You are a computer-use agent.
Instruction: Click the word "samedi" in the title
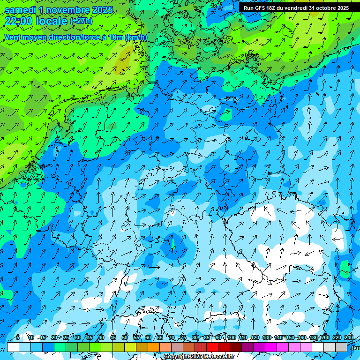(x=20, y=10)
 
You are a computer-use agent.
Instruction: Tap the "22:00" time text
(x=18, y=21)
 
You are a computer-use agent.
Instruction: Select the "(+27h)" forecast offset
(x=81, y=21)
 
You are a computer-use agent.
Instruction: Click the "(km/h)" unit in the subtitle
(x=136, y=37)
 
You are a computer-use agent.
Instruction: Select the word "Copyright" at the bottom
(x=175, y=357)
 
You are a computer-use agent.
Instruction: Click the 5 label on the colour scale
(x=18, y=337)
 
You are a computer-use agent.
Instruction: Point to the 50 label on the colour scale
(x=125, y=337)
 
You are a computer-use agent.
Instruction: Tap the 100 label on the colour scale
(x=231, y=337)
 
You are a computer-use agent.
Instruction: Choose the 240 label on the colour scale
(x=349, y=337)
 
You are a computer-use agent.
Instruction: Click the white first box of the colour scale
(x=13, y=347)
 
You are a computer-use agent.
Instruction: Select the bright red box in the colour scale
(x=212, y=347)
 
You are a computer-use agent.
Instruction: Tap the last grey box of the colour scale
(x=341, y=347)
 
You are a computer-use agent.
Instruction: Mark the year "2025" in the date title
(x=102, y=10)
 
